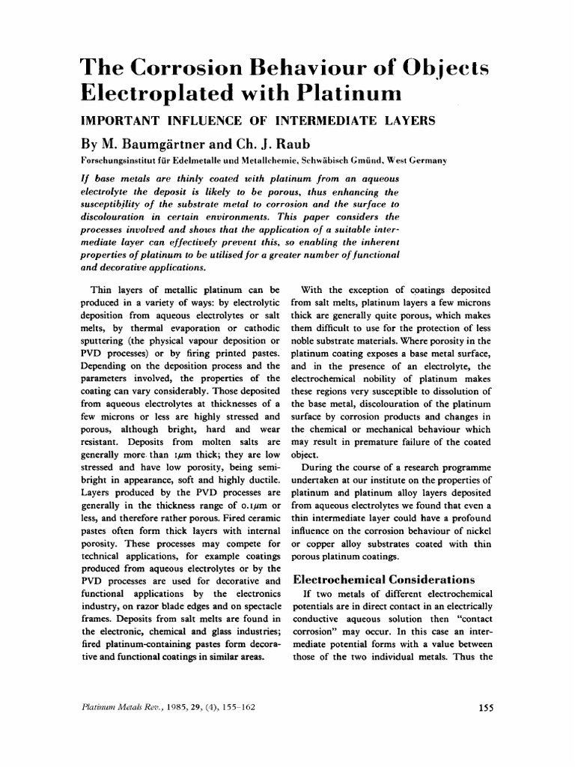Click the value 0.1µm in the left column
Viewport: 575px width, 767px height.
tap(248, 503)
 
